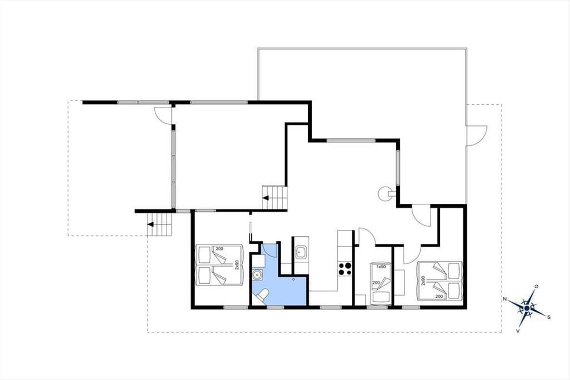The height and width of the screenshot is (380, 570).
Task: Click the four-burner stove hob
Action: pyautogui.click(x=345, y=269)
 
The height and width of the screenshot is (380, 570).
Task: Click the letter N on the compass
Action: pyautogui.click(x=504, y=299)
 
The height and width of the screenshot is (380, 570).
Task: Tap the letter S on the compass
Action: pyautogui.click(x=549, y=317)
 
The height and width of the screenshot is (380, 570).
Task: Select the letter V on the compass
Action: pyautogui.click(x=518, y=331)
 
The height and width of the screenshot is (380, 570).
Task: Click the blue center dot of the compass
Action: pyautogui.click(x=527, y=308)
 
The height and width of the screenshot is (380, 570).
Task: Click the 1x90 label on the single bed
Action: pyautogui.click(x=381, y=267)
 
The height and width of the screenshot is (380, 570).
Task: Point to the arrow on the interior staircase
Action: pyautogui.click(x=266, y=198)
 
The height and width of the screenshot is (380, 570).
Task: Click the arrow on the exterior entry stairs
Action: pyautogui.click(x=151, y=224)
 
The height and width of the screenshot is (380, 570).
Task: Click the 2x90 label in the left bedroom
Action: pyautogui.click(x=237, y=265)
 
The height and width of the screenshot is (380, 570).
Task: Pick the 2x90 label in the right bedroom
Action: pyautogui.click(x=423, y=281)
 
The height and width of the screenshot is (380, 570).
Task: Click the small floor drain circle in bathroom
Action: pyautogui.click(x=294, y=279)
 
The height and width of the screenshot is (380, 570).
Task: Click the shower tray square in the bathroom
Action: pyautogui.click(x=259, y=261)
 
